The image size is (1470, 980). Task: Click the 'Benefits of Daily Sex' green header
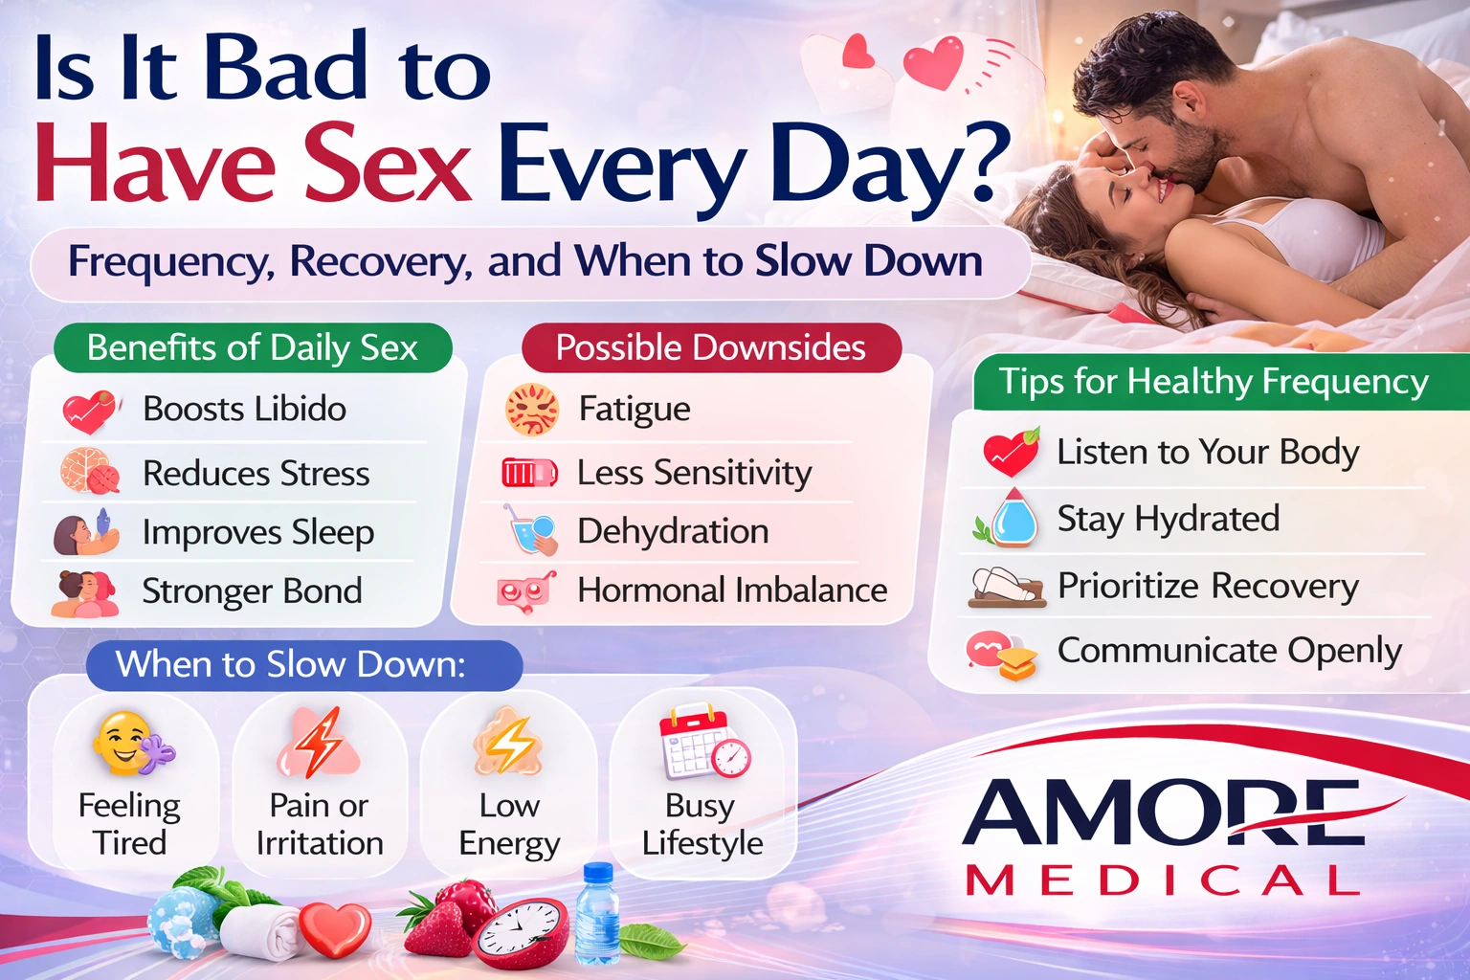coord(253,347)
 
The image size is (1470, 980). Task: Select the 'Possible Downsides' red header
coord(710,347)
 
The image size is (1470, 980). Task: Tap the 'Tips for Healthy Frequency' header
coord(1214,381)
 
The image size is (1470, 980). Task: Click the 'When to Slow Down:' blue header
coord(291,664)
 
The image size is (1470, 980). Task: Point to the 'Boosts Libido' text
coord(244,409)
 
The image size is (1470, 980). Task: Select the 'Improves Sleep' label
coord(257,532)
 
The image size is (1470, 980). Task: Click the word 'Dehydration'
coord(673,531)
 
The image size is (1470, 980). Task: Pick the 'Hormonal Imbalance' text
coord(732,590)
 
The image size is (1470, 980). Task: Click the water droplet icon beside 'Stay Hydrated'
coord(1013,519)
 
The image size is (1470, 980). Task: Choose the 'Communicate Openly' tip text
coord(1229,651)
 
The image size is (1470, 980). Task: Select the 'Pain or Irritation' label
coord(320,824)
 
